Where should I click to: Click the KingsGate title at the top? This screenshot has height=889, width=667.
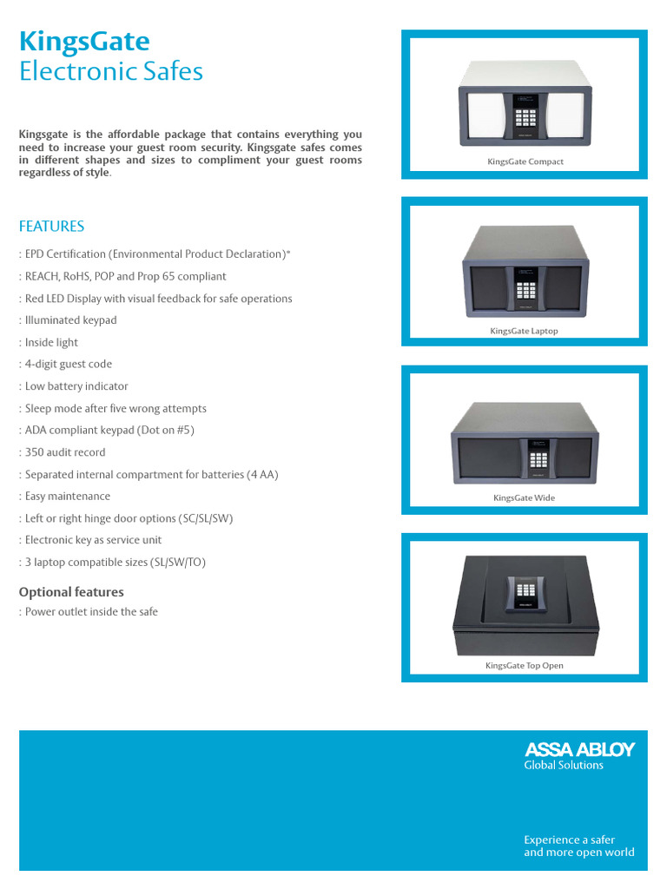click(84, 41)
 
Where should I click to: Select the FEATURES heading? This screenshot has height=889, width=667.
click(51, 227)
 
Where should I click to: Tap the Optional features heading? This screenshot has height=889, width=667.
click(71, 592)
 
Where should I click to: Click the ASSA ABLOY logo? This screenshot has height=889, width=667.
click(579, 749)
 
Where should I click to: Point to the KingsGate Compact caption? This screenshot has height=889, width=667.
click(525, 161)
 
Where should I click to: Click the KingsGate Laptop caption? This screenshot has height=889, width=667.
click(524, 331)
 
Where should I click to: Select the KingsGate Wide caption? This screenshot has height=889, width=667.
click(524, 498)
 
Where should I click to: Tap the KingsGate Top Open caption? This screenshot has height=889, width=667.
click(524, 666)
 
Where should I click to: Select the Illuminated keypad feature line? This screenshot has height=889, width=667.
click(70, 320)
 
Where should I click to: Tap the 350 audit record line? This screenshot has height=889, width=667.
click(65, 452)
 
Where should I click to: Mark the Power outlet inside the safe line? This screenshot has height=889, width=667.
click(91, 612)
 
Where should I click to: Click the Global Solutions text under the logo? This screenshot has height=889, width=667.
click(563, 765)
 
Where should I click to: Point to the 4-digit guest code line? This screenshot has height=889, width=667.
click(69, 365)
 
